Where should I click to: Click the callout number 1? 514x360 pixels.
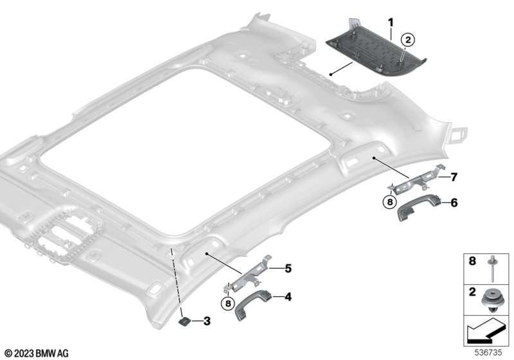391,22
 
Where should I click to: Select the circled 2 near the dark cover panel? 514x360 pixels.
408,40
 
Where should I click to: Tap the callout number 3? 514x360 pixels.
207,321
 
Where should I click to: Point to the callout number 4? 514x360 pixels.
288,297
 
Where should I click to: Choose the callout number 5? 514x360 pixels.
288,268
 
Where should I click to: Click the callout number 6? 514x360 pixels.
454,203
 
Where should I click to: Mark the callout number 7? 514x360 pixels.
454,177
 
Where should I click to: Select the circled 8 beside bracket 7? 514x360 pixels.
390,202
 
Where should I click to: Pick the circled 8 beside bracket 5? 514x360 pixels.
228,303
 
